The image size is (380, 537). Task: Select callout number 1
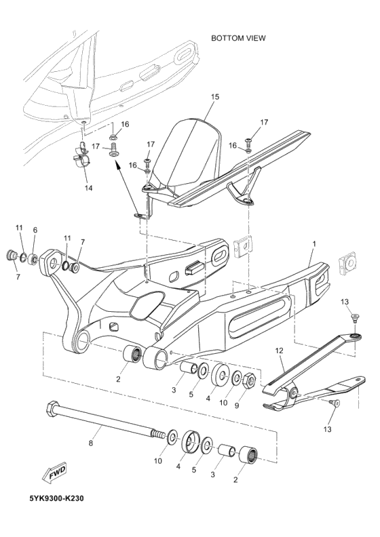313,242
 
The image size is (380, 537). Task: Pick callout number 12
278,351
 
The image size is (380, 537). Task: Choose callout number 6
35,230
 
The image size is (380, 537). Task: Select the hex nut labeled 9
248,380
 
